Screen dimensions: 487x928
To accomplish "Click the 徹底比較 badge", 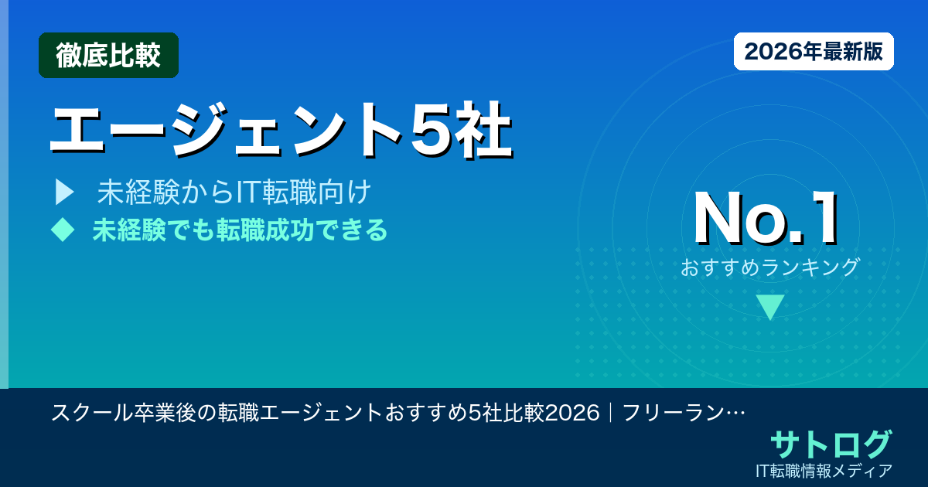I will coord(108,56).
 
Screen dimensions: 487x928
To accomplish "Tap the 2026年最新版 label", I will coord(814,52).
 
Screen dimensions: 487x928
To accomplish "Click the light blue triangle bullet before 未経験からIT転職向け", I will coord(64,192).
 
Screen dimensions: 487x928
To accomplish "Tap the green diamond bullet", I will coord(63,230).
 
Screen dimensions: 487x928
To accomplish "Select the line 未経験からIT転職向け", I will coord(234,192).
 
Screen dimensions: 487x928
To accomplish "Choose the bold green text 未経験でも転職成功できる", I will coord(240,230).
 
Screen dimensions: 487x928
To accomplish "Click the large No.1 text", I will coord(766,220).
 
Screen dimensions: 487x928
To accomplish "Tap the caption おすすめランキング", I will coord(769,267).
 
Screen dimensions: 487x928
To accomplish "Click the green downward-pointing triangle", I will coord(770,307).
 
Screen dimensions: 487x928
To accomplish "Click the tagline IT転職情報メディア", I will coord(825,471).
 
